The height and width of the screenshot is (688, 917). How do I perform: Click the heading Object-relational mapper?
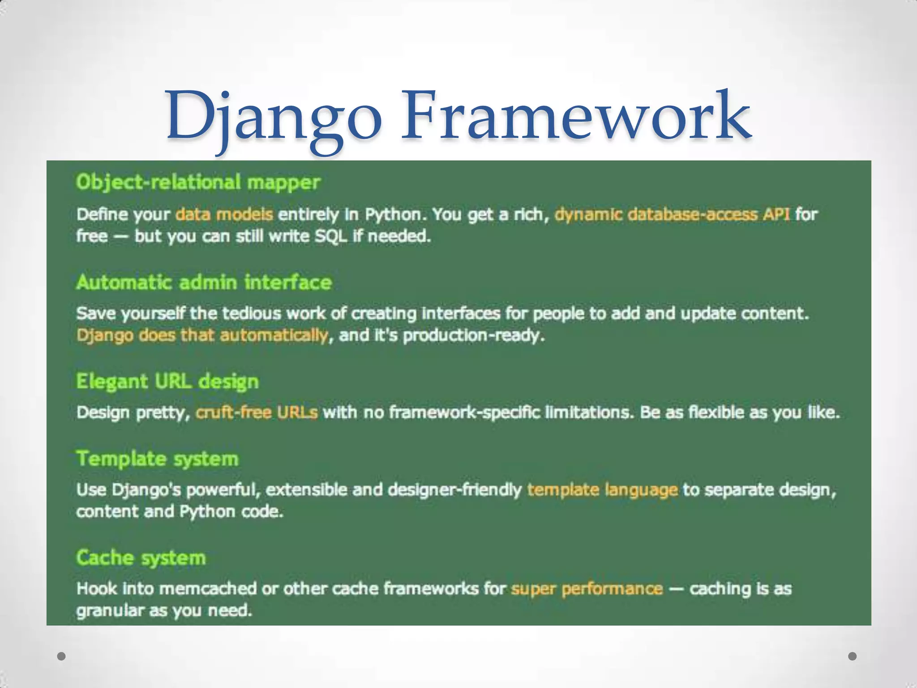click(x=198, y=182)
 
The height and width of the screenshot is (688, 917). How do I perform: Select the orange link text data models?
click(x=224, y=215)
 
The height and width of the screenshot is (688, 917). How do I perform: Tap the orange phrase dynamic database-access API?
click(x=672, y=215)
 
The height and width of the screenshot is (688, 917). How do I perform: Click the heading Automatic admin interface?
click(x=204, y=283)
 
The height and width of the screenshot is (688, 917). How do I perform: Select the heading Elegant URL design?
click(x=167, y=382)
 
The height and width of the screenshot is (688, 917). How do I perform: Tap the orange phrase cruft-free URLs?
click(x=257, y=412)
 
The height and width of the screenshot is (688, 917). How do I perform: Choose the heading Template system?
click(x=157, y=459)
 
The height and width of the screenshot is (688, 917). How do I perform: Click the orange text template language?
click(x=602, y=490)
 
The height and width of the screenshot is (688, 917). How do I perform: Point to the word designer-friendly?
click(x=454, y=490)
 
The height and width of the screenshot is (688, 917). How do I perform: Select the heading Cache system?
click(x=141, y=558)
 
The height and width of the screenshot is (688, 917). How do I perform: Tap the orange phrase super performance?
click(x=587, y=589)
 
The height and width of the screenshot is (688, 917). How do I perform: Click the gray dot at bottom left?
click(x=62, y=656)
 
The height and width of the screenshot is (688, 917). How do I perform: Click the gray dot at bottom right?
click(x=853, y=656)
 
